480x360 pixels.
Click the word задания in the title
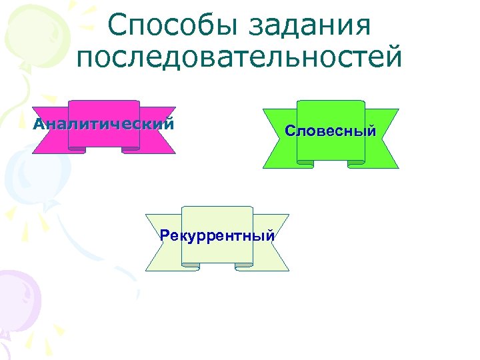pyautogui.click(x=313, y=27)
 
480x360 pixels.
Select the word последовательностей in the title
pyautogui.click(x=240, y=57)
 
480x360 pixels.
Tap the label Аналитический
pyautogui.click(x=104, y=123)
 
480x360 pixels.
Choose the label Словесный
pyautogui.click(x=331, y=131)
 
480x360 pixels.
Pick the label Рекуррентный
pyautogui.click(x=217, y=235)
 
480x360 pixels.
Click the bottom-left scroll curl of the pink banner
pyautogui.click(x=77, y=149)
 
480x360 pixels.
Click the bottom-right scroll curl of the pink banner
pyautogui.click(x=131, y=149)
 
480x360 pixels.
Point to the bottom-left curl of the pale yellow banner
pyautogui.click(x=191, y=265)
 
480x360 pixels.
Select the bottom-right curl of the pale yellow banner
pyautogui.click(x=244, y=265)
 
